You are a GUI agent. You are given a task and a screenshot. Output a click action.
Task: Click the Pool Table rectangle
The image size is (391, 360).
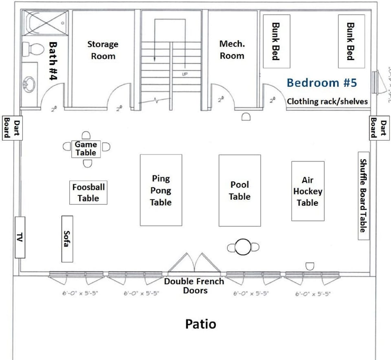pos(239,190)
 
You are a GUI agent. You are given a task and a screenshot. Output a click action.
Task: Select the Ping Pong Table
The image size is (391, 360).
pos(161,190)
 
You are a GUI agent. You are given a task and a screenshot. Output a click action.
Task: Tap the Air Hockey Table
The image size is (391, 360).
pos(308,191)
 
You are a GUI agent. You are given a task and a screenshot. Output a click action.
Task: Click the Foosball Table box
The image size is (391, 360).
pos(88,192)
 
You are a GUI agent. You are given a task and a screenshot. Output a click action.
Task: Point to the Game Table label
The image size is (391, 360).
pos(86,149)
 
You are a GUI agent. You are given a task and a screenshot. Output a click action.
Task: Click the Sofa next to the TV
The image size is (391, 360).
pos(67,239)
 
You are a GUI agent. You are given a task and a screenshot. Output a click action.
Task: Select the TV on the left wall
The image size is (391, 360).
pos(20,237)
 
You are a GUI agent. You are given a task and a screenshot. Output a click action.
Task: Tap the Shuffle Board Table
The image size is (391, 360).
pos(363,196)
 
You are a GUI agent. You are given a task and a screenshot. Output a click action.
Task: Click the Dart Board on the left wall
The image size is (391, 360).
pos(11,128)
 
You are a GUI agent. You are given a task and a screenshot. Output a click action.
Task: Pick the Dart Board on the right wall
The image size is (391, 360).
pos(379,128)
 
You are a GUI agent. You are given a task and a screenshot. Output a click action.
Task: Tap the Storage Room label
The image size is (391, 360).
pos(103,50)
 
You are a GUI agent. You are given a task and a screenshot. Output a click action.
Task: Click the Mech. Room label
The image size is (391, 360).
pos(232,49)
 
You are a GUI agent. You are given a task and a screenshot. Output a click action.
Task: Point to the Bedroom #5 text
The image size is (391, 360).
pos(321,83)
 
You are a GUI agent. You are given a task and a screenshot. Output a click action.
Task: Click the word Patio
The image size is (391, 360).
pos(200,324)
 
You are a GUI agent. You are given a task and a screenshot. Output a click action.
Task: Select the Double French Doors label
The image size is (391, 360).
pos(194,286)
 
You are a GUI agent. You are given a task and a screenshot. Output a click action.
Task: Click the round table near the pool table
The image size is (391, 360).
pos(243,247)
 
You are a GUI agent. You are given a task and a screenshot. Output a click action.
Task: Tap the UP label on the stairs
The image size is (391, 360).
pos(185,74)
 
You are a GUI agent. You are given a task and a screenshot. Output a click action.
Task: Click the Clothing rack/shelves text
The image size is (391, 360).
pos(327,102)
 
